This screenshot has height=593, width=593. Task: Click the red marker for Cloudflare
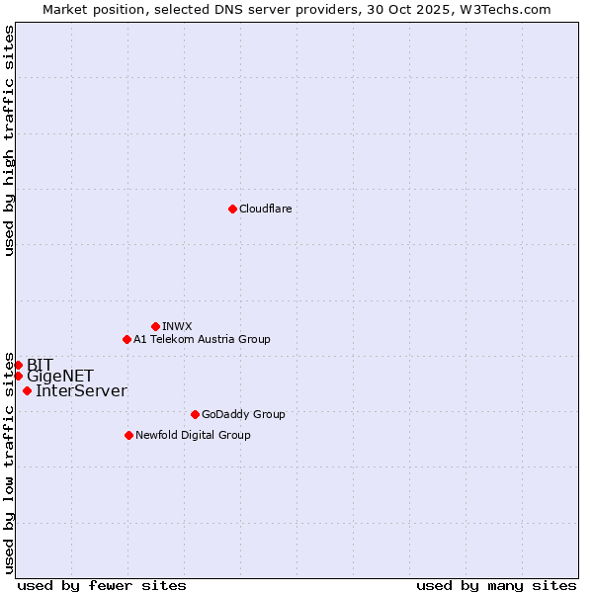point(232,209)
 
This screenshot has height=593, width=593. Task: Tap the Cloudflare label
point(265,209)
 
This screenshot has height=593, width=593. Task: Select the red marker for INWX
point(155,326)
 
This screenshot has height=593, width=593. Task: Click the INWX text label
point(177,326)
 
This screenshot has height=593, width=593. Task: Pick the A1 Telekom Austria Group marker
point(127,339)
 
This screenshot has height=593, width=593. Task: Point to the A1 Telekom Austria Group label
point(202,339)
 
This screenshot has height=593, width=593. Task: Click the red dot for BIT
point(18,365)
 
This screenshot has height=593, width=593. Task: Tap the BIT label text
point(40,365)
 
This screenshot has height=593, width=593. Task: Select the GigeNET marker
point(18,376)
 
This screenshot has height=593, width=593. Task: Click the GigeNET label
point(60,377)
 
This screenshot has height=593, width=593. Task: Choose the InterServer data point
point(27,390)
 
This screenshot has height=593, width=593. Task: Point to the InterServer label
point(81,391)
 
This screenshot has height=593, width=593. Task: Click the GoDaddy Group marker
point(195,414)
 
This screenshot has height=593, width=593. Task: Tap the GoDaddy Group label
point(243,414)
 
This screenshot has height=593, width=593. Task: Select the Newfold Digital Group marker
point(128,435)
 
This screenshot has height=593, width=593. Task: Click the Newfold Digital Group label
point(193,435)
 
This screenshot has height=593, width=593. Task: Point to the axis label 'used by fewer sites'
point(102,585)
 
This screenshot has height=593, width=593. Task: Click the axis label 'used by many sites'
point(496,585)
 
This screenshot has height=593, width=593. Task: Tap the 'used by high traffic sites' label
point(9,140)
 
